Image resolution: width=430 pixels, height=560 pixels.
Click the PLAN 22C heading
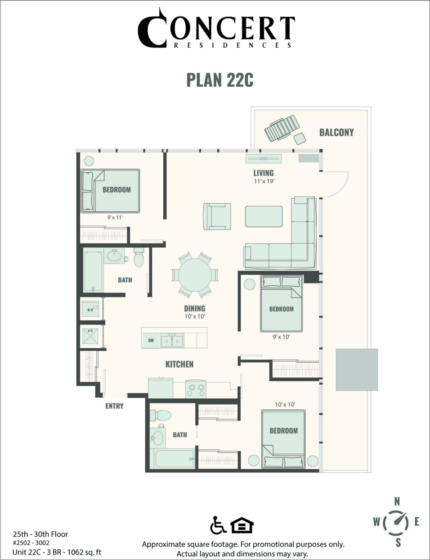pos(220,80)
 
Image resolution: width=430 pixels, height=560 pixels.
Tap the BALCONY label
pos(336,132)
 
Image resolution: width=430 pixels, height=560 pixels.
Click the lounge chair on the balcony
pos(282,127)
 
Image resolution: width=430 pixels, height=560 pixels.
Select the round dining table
pos(195,275)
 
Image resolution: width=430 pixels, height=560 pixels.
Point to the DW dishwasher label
pos(151,340)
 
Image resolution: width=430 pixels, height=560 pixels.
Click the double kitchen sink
pos(172,340)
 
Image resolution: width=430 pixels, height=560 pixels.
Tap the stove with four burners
pos(196,388)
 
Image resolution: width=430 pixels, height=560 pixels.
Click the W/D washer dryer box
pos(90,309)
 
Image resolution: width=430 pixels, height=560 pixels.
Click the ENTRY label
pos(114,406)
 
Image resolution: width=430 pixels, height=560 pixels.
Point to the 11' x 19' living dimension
pos(264,181)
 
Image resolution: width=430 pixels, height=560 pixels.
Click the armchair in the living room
pos(217,216)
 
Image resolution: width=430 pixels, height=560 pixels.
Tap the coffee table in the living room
pos(264,216)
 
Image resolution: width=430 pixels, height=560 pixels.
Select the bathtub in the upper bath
pos(93,271)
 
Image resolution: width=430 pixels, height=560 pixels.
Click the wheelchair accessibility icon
pos(218,525)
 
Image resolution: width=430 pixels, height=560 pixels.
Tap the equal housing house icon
pos(242,525)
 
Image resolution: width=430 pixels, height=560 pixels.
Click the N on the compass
pos(397,502)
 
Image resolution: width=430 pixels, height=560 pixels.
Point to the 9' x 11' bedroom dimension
pos(115,218)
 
